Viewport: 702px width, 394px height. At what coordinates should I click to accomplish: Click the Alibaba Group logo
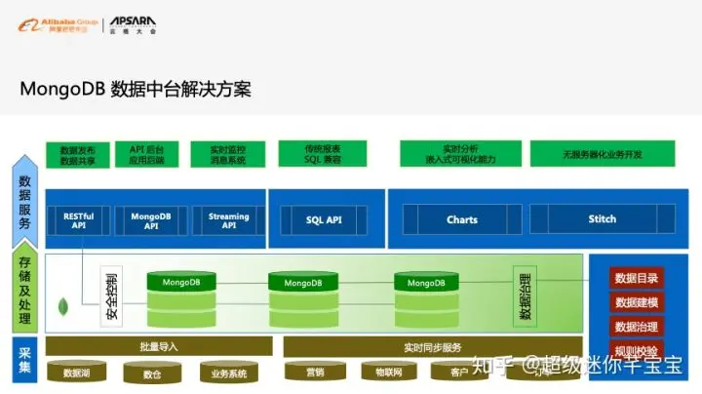(x=55, y=22)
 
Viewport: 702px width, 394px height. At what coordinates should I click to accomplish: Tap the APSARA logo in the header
(x=133, y=22)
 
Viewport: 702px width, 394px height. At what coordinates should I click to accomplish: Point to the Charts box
(x=462, y=219)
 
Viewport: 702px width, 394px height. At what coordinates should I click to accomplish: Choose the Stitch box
(x=602, y=219)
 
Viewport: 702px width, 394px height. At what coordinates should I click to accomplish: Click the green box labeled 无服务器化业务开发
(x=602, y=154)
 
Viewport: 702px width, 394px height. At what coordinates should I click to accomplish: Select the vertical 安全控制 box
(x=112, y=294)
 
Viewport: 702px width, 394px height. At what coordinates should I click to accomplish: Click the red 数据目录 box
(x=636, y=278)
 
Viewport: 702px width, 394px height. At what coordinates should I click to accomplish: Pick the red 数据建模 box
(x=636, y=302)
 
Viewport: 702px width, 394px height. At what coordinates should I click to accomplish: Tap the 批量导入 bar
(x=159, y=346)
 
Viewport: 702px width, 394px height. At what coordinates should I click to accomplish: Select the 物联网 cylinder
(x=381, y=373)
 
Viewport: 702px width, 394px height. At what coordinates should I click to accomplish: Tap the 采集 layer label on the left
(x=23, y=358)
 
